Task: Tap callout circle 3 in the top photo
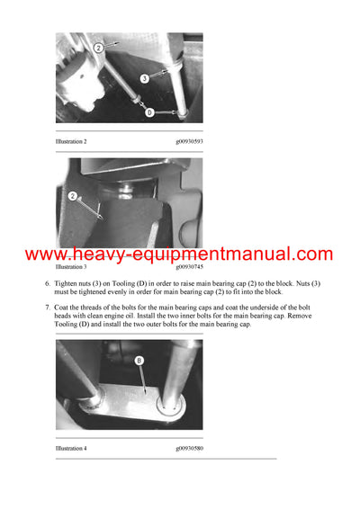pos(144,79)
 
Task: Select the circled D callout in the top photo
pos(150,112)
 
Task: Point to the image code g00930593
pos(188,141)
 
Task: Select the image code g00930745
pos(188,267)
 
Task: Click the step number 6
pos(48,283)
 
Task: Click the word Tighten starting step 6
pos(68,283)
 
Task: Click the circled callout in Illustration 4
pos(139,362)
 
